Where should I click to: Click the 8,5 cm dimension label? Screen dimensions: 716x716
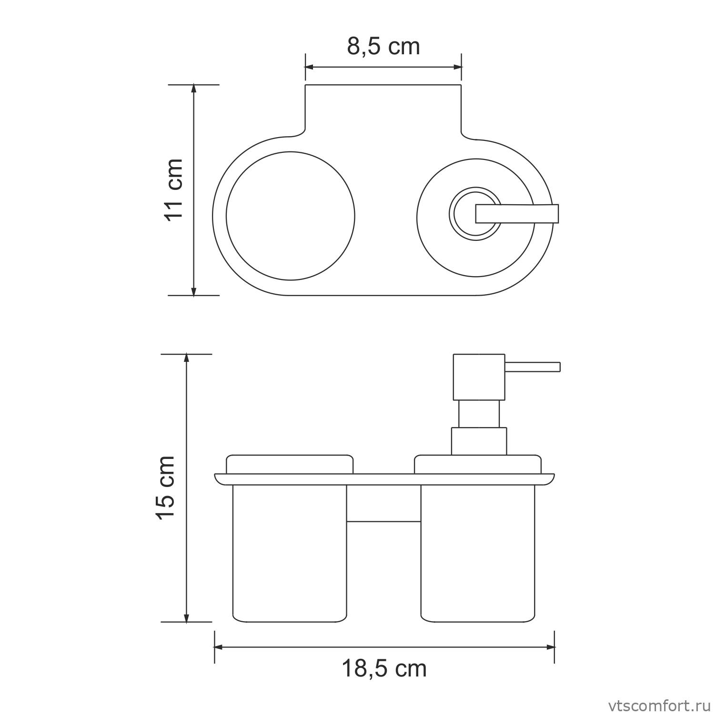click(383, 47)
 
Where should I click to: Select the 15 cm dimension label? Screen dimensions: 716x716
click(167, 487)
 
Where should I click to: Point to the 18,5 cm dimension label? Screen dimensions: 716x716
click(384, 669)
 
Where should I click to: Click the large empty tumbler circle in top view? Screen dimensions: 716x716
click(291, 216)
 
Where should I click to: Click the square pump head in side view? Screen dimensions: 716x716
click(479, 377)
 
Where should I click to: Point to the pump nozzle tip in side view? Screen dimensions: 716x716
click(558, 367)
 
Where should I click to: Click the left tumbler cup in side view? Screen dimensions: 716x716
click(290, 552)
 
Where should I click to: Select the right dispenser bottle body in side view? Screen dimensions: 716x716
click(478, 552)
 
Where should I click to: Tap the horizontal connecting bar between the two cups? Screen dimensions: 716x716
click(383, 522)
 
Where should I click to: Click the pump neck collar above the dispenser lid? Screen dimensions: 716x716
click(479, 441)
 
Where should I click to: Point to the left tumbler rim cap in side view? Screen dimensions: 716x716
click(290, 464)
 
